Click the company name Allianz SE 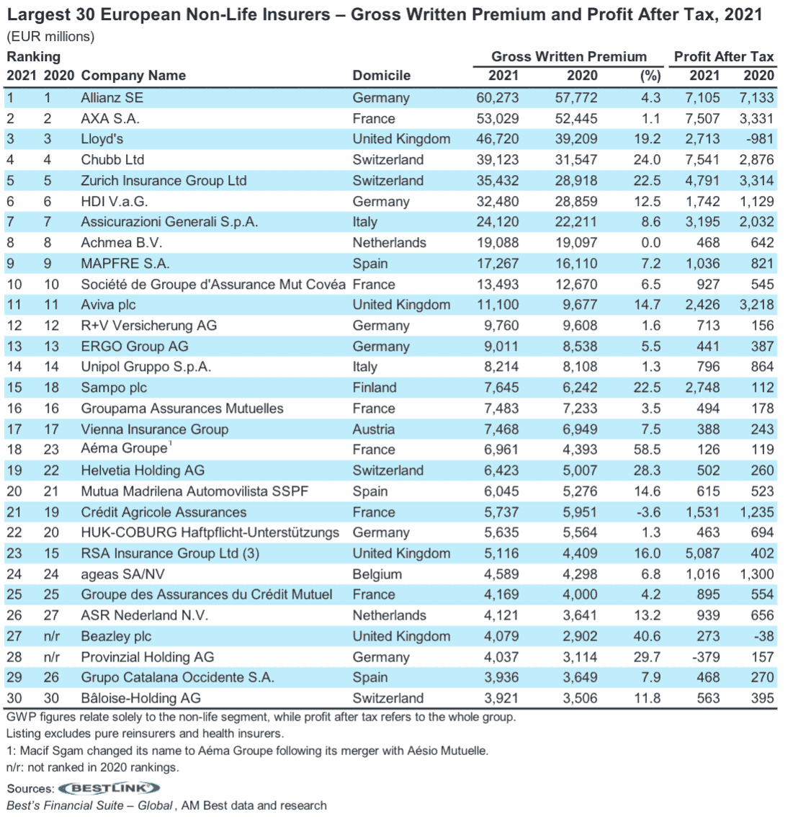(x=112, y=98)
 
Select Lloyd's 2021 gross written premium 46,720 (x=497, y=139)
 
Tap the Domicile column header (x=381, y=76)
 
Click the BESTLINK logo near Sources (x=108, y=788)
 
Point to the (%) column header (x=650, y=76)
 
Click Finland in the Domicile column (x=374, y=388)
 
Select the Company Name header (x=133, y=76)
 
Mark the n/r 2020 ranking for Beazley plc (x=51, y=636)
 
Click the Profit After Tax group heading (x=723, y=57)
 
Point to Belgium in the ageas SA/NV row (x=377, y=574)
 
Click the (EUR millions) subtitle (x=50, y=37)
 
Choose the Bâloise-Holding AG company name (x=140, y=698)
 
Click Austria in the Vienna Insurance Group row (x=373, y=429)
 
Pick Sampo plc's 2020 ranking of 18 (x=51, y=388)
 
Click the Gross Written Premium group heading (x=568, y=57)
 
